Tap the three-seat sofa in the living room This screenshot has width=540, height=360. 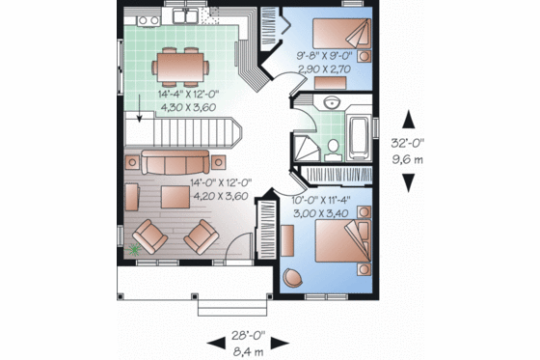click(x=175, y=161)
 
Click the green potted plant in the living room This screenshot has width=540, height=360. click(x=134, y=251)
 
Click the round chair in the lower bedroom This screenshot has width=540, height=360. click(x=292, y=275)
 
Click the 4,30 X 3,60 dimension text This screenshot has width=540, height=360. click(x=189, y=107)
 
